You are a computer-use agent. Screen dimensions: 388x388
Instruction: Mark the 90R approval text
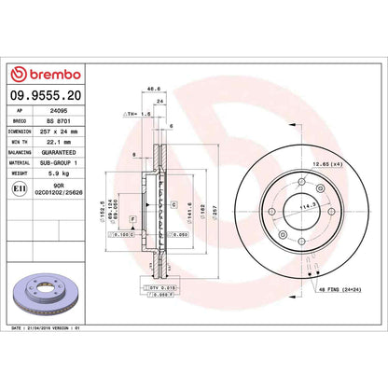coord(58,185)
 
